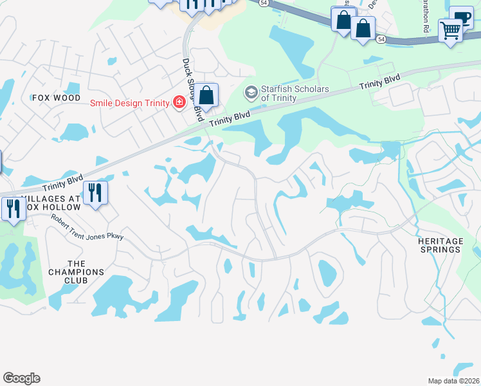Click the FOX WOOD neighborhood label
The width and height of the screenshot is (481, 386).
tap(57, 98)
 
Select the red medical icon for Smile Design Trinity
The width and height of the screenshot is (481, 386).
tap(178, 102)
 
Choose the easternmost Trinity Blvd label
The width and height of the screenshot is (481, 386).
tap(379, 82)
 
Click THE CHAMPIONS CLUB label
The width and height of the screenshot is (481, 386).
tap(76, 272)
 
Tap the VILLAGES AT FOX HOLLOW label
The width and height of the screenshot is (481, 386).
tap(51, 203)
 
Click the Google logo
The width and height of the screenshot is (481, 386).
tap(21, 378)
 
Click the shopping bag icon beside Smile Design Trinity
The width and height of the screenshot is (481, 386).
tap(206, 95)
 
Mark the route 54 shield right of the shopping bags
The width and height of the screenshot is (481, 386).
tap(381, 40)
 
